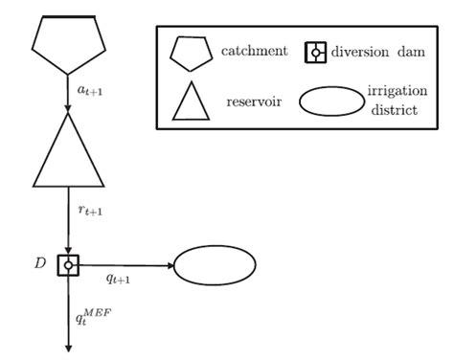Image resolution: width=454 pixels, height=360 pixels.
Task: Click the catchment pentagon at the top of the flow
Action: (x=69, y=44)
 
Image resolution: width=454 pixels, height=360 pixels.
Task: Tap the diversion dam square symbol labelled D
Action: (x=69, y=265)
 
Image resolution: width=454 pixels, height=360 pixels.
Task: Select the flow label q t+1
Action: (x=117, y=281)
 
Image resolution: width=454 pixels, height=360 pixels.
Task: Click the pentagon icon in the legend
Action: (x=192, y=53)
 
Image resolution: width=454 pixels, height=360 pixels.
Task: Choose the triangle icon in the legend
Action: (x=191, y=100)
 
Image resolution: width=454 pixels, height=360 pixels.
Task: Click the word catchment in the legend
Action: (x=253, y=50)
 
